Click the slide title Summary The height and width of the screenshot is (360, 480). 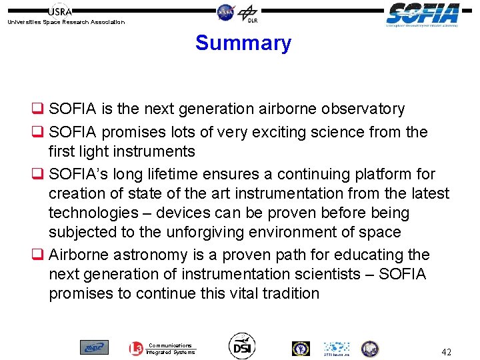[243, 43]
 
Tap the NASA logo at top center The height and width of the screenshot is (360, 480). [226, 11]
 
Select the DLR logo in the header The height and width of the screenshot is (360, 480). [248, 12]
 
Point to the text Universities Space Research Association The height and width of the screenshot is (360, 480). [65, 22]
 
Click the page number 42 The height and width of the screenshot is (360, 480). [446, 351]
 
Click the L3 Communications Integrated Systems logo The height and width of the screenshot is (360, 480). [162, 349]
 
